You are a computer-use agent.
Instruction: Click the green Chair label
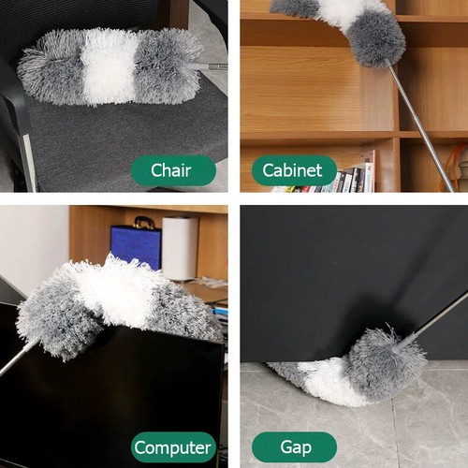click(173, 170)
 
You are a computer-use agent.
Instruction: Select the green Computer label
click(173, 446)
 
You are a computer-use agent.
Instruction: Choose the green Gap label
click(294, 446)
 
